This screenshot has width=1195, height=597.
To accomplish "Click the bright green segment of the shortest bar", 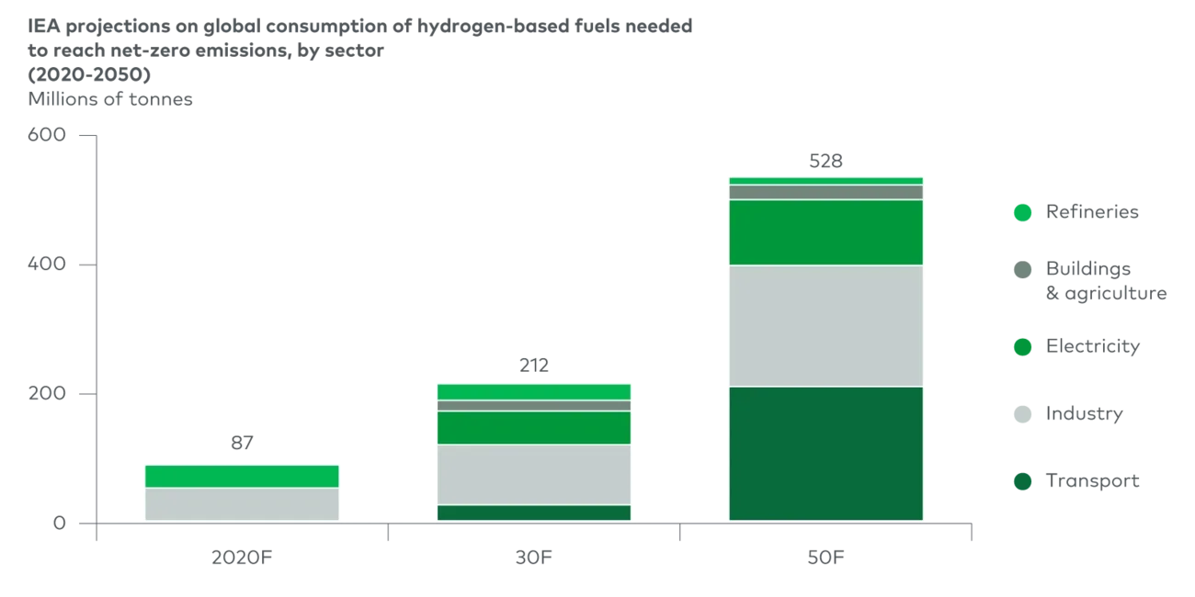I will [x=242, y=476].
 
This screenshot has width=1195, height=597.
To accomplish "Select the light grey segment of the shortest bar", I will [x=242, y=504].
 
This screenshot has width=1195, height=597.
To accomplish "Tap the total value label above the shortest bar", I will [x=242, y=445].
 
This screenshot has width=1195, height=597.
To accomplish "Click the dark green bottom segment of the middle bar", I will [x=533, y=513].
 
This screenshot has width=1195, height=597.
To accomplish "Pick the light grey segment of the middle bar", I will [x=533, y=474].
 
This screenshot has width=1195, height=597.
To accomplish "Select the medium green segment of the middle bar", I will [x=533, y=427].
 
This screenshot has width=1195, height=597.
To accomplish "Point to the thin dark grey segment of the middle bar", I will [x=533, y=405].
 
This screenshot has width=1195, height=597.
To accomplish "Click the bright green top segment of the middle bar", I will [x=533, y=392].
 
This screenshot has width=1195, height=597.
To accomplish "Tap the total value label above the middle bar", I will [x=532, y=365].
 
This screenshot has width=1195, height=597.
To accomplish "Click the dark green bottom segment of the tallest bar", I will [x=826, y=454].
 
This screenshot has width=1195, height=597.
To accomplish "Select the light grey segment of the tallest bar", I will [x=826, y=326].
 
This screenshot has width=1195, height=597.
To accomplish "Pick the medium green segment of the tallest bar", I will [x=826, y=232].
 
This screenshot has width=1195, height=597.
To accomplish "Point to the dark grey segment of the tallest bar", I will [x=826, y=192].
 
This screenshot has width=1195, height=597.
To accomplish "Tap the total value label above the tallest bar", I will [x=826, y=159].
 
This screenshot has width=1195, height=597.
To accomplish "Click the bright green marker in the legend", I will [x=1022, y=212].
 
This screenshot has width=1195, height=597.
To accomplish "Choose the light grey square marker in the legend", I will [x=1022, y=415].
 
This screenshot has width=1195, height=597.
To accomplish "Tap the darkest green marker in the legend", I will [x=1022, y=481].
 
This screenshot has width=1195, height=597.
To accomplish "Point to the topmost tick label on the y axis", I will [x=48, y=138].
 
